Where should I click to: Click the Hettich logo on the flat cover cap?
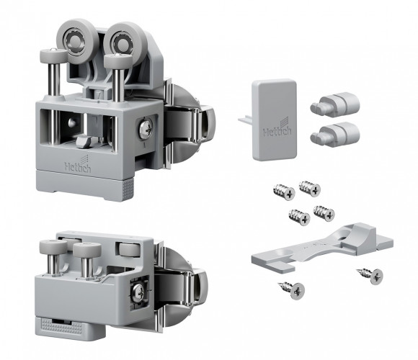pos(277,129)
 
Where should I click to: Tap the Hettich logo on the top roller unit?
pos(78,164)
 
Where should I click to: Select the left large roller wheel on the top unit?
pos(74,41)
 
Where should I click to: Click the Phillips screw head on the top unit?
pos(146,130)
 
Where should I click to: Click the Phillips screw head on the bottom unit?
pos(138,292)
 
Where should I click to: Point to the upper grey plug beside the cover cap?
pos(335,104)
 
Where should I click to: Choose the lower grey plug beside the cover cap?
pos(335,133)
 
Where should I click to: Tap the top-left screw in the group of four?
pos(284,192)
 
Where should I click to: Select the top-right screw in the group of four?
pos(310,188)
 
